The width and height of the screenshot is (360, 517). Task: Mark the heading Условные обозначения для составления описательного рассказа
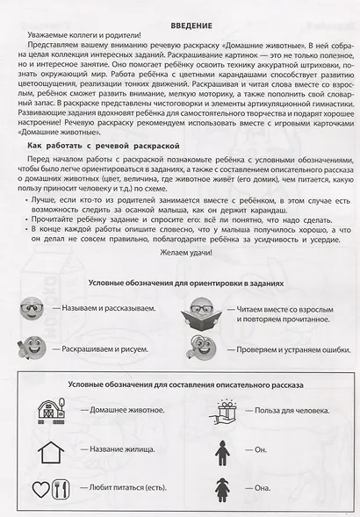point(180,386)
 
